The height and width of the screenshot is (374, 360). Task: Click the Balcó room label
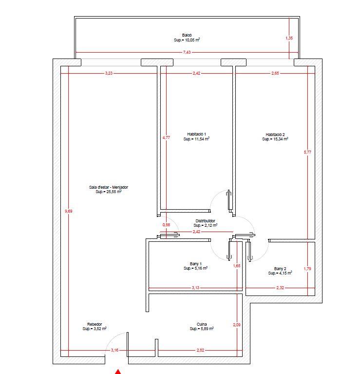[187, 35]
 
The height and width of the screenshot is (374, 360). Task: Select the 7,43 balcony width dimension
[187, 52]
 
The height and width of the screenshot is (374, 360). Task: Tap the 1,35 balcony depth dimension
[289, 38]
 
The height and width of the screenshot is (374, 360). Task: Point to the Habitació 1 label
[196, 134]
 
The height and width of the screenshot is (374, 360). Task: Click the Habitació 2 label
[275, 135]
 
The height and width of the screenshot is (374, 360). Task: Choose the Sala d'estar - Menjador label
[109, 187]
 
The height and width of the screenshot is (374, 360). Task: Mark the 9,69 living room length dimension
[68, 211]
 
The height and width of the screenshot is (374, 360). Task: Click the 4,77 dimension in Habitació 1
[166, 138]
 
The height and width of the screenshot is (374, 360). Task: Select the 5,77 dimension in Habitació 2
[307, 152]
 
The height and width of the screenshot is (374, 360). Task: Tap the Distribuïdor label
[205, 221]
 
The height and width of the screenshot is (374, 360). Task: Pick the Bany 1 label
[196, 264]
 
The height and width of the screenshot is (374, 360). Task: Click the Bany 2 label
[280, 269]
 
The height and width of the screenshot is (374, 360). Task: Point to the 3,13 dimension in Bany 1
[195, 288]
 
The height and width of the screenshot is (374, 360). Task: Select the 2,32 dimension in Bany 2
[280, 288]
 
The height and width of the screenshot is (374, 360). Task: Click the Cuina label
[202, 324]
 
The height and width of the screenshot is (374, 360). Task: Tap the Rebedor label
[95, 324]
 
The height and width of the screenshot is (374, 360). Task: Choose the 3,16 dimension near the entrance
[114, 350]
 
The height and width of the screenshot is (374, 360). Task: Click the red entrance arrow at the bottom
[118, 372]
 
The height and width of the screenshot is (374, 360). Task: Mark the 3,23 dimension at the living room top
[109, 73]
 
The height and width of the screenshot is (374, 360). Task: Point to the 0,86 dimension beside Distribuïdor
[166, 225]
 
